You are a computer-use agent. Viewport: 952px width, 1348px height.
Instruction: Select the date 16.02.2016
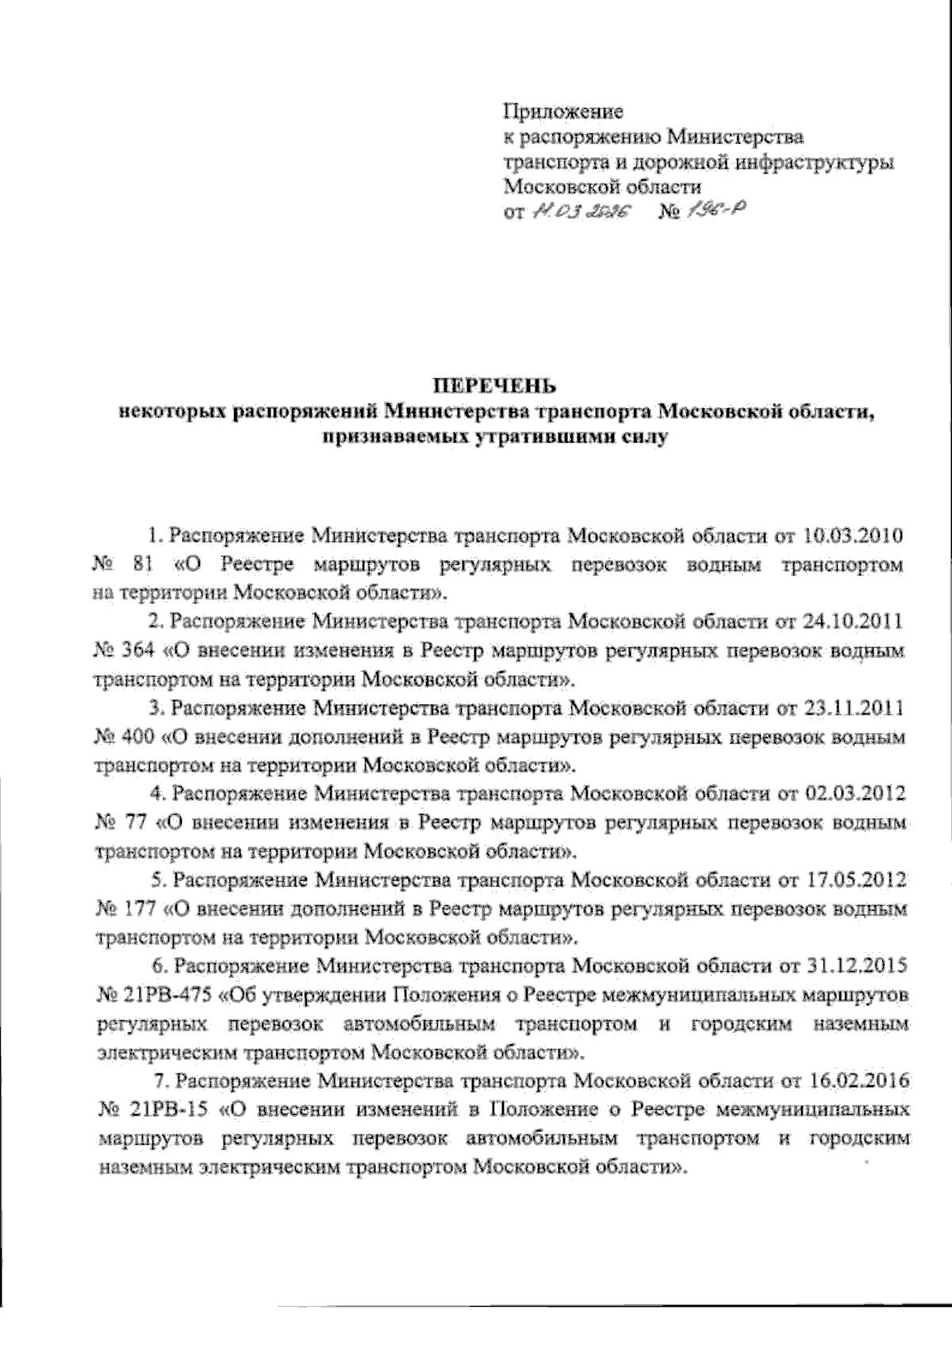(860, 1081)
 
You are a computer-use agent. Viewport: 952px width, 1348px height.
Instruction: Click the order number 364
(141, 651)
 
